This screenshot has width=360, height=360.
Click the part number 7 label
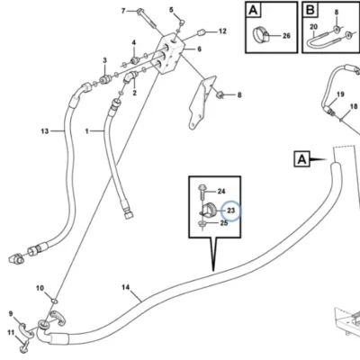tap(123, 11)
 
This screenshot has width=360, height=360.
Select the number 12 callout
tap(222, 31)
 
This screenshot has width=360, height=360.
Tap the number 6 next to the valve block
tap(200, 49)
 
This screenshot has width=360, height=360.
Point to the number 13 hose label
tap(45, 131)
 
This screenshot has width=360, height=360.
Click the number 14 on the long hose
tap(126, 287)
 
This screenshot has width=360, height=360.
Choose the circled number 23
tap(230, 211)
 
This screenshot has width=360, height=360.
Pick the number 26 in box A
tap(286, 36)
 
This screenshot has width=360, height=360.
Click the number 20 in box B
tap(313, 27)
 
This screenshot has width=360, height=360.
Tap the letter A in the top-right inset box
tap(254, 10)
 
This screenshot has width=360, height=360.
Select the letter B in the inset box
tap(310, 10)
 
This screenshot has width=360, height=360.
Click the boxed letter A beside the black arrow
tap(301, 159)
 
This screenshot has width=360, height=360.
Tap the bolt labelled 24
tap(202, 191)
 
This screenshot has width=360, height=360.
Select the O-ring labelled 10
tap(55, 301)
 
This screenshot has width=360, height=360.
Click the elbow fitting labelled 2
tap(130, 77)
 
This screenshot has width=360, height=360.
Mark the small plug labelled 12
tap(201, 32)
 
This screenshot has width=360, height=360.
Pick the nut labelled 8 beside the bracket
tap(220, 94)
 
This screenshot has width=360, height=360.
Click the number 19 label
tap(340, 94)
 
